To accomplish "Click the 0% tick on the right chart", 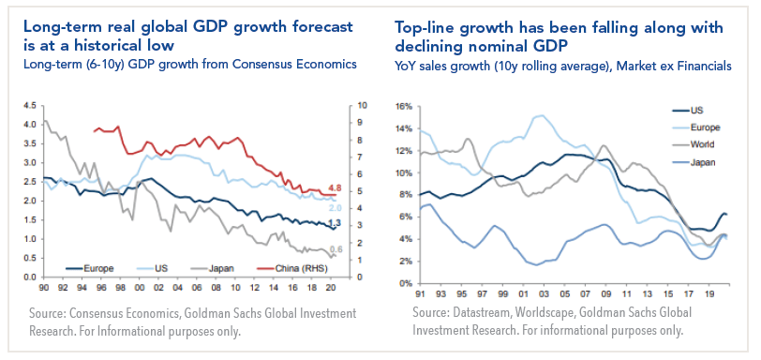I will point(406,282).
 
